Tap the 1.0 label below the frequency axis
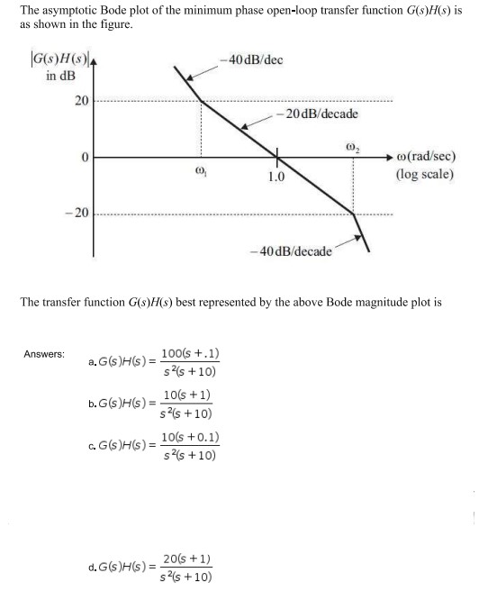(x=276, y=177)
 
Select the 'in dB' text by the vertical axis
(x=62, y=75)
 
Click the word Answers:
(x=44, y=354)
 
